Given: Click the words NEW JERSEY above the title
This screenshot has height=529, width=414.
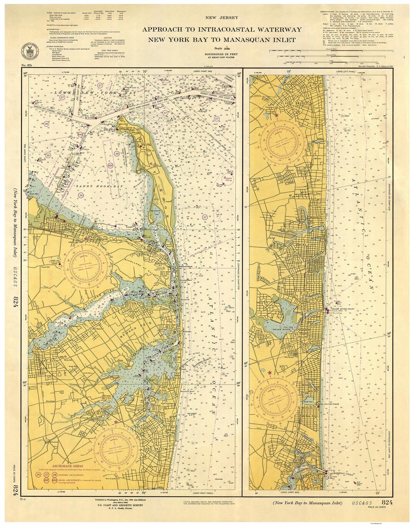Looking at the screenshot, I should point(222,18).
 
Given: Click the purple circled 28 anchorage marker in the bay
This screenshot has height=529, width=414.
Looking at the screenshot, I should point(46,124).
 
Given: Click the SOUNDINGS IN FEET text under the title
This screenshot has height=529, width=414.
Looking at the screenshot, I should point(222,54).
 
